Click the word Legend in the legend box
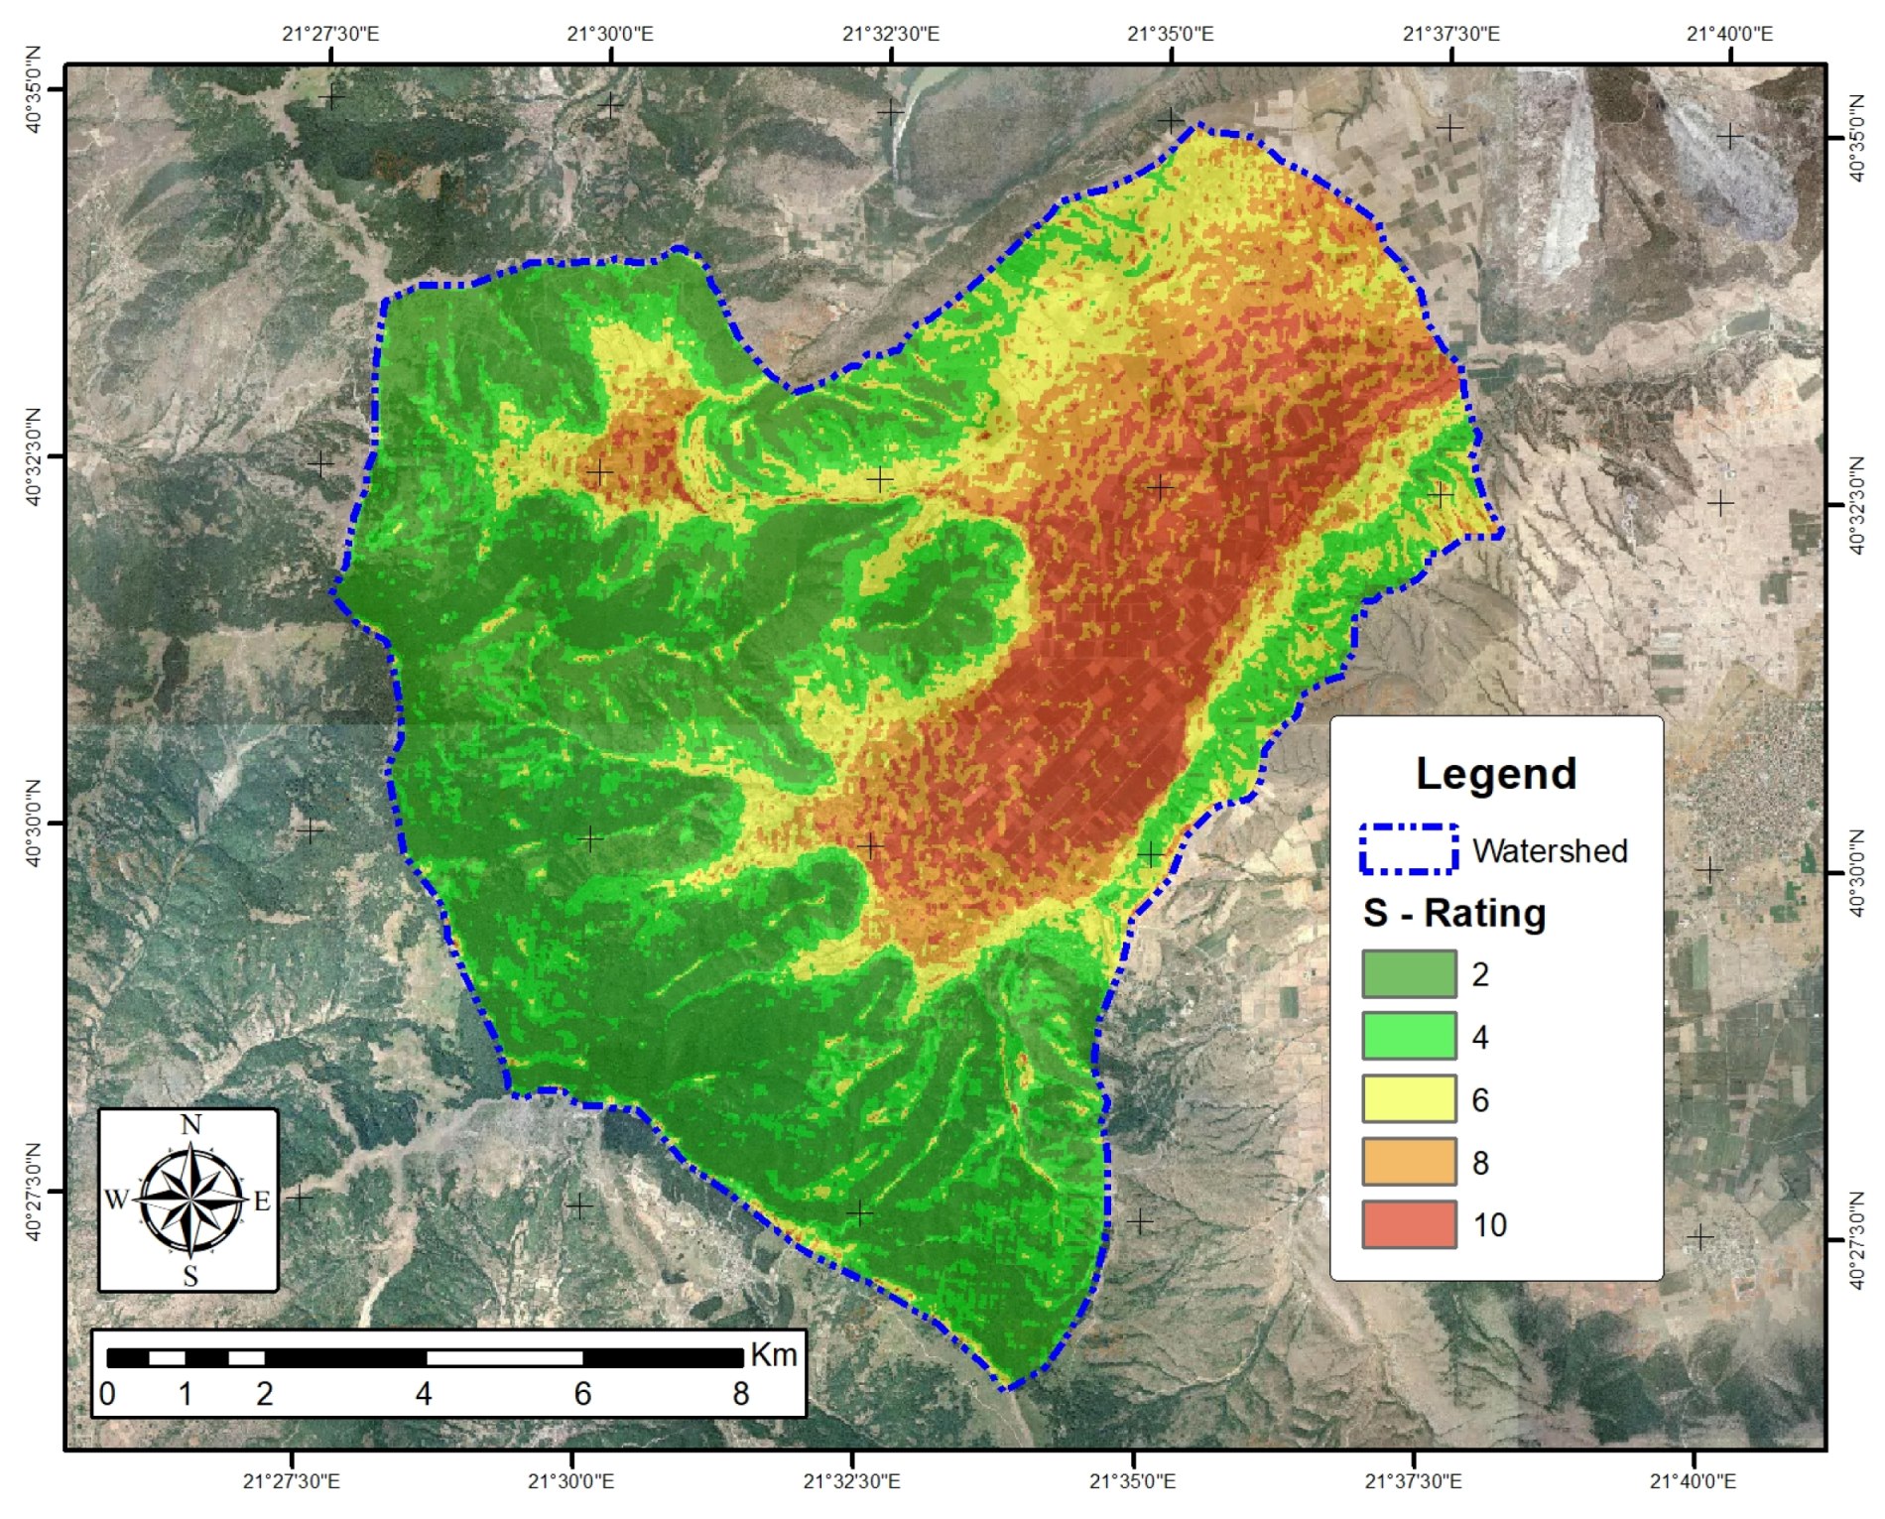[x=1495, y=774]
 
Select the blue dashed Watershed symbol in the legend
[x=1409, y=849]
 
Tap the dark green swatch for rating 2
[x=1409, y=974]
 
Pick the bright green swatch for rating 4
[x=1409, y=1037]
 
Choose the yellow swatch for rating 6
[x=1409, y=1099]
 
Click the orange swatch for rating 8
[x=1409, y=1162]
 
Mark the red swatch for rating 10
[x=1409, y=1224]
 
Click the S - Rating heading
[x=1454, y=913]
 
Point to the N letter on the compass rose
[x=190, y=1124]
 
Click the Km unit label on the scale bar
[x=774, y=1355]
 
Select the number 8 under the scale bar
[x=740, y=1395]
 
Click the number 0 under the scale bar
[x=107, y=1395]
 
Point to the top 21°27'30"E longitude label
[x=330, y=34]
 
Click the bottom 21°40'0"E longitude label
[x=1693, y=1481]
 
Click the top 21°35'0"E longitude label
[x=1170, y=34]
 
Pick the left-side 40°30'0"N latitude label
[x=35, y=823]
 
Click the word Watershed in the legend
[x=1550, y=851]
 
